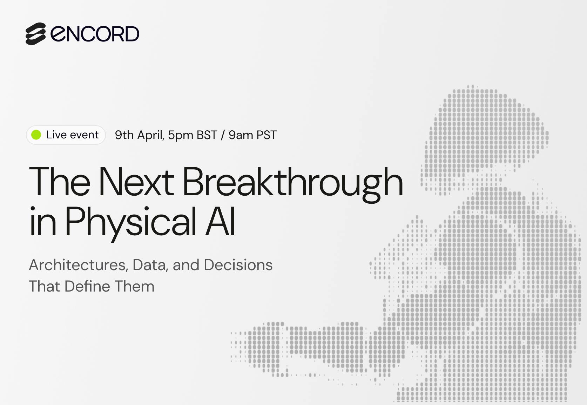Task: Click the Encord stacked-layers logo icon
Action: [36, 34]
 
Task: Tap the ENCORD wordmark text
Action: [95, 34]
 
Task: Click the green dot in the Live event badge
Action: [36, 135]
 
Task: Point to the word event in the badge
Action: [85, 135]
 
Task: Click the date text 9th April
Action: [140, 135]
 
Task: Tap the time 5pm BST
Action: [193, 135]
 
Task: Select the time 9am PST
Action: [252, 135]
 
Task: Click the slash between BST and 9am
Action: [223, 135]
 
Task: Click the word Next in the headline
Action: [136, 181]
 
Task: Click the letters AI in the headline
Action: [220, 221]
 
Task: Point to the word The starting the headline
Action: [60, 181]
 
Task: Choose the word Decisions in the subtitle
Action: [238, 265]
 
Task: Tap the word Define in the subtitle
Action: [87, 286]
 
